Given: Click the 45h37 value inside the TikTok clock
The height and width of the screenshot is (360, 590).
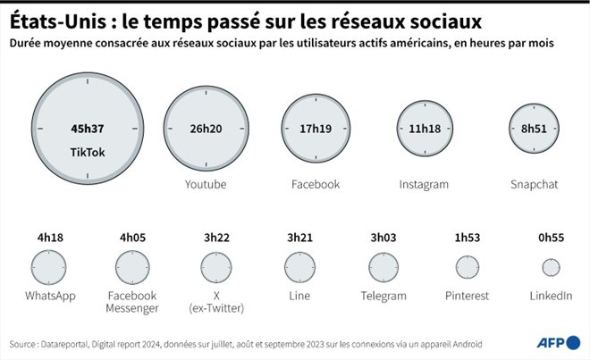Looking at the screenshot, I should click(88, 129).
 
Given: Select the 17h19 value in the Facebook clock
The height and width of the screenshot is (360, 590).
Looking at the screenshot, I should click(316, 129).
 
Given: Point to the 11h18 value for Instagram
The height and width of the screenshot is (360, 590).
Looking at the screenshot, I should click(424, 129).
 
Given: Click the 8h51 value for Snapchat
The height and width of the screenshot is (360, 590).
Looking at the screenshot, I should click(534, 129).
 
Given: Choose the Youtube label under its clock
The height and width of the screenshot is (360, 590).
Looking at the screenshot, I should click(205, 184).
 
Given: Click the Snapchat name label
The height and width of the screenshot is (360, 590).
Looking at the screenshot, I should click(534, 184).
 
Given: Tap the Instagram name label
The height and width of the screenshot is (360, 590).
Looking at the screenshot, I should click(424, 184).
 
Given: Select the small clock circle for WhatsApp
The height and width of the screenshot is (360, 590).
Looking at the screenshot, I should click(49, 266).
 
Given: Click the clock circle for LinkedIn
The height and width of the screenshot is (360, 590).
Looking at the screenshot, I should click(552, 267).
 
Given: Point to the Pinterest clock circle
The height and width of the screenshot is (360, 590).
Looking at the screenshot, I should click(468, 267).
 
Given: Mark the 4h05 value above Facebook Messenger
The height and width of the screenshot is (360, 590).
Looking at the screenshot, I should click(131, 238).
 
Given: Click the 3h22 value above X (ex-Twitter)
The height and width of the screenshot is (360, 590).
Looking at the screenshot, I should click(215, 238).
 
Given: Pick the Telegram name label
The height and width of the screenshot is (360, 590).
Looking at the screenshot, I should click(383, 296).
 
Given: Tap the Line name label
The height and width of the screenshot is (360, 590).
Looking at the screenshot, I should click(299, 296).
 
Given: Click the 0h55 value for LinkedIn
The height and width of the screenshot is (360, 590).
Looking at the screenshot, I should click(552, 238).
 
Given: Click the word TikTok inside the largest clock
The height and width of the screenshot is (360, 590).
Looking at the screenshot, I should click(88, 153).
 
